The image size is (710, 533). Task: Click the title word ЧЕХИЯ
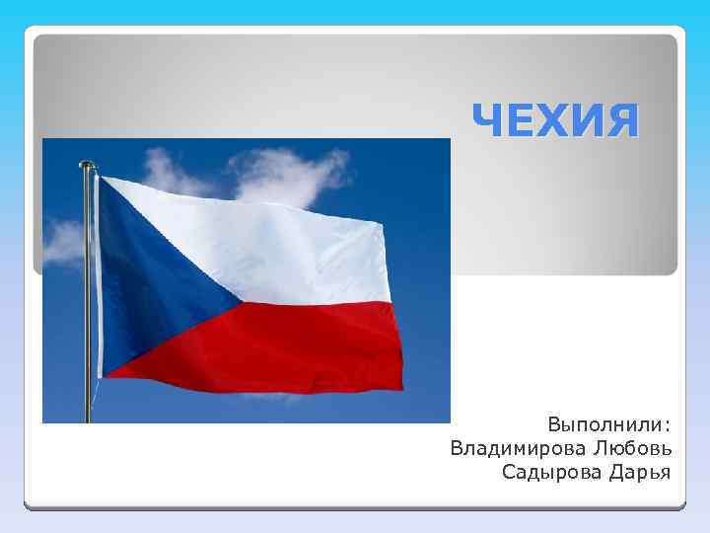pos(555,121)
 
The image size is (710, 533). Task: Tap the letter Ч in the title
pos(489,121)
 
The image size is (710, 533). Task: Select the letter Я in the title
pos(621,121)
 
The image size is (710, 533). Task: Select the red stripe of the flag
pos(296,345)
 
